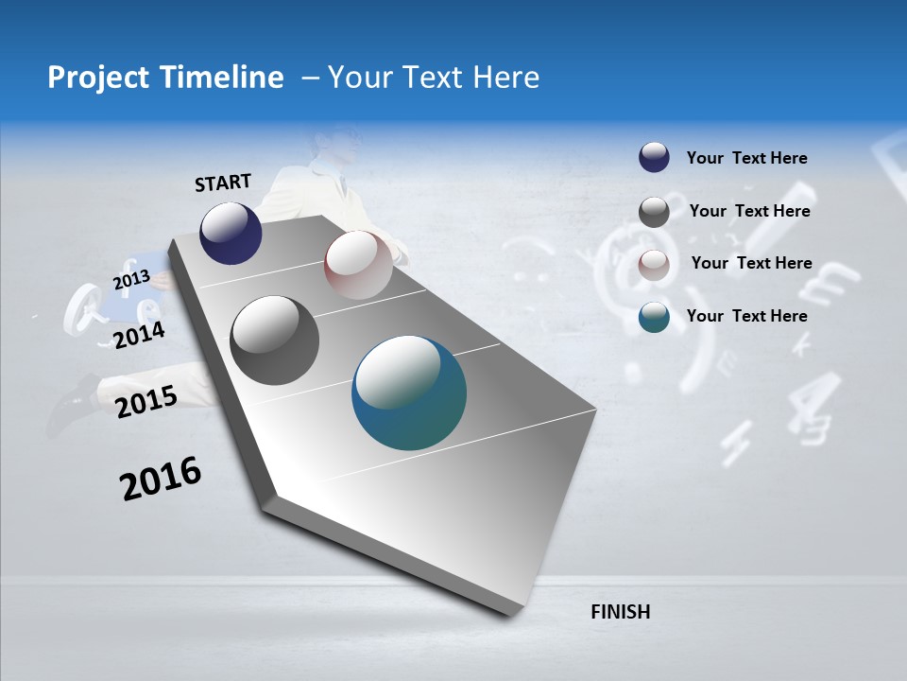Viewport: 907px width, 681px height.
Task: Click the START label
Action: click(x=223, y=183)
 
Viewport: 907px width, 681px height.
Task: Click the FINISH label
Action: click(x=621, y=612)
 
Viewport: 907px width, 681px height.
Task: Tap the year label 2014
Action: click(x=139, y=335)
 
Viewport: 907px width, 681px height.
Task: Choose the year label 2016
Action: click(x=161, y=479)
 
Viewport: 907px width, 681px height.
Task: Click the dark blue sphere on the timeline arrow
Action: click(x=231, y=233)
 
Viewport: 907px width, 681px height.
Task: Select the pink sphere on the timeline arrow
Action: click(x=358, y=265)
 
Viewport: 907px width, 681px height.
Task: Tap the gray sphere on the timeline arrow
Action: click(x=275, y=340)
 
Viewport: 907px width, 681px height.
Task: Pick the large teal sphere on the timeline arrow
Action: click(x=409, y=393)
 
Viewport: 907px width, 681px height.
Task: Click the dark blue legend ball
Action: click(x=654, y=158)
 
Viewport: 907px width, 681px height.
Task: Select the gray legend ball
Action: click(x=654, y=212)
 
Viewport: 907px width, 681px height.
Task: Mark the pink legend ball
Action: click(x=654, y=264)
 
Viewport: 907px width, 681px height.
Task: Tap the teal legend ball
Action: click(x=654, y=317)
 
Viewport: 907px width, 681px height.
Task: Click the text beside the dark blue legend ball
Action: click(x=746, y=158)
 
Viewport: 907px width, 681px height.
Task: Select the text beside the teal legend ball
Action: click(x=746, y=316)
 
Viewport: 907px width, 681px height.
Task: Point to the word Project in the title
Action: click(x=94, y=78)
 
